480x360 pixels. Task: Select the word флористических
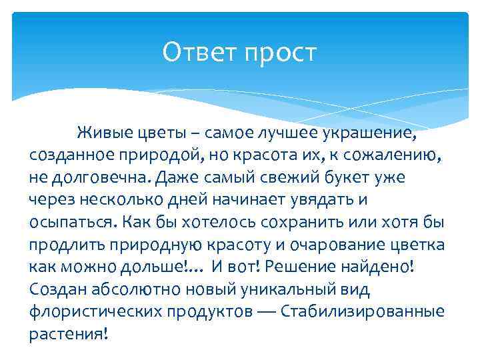coord(91,312)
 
